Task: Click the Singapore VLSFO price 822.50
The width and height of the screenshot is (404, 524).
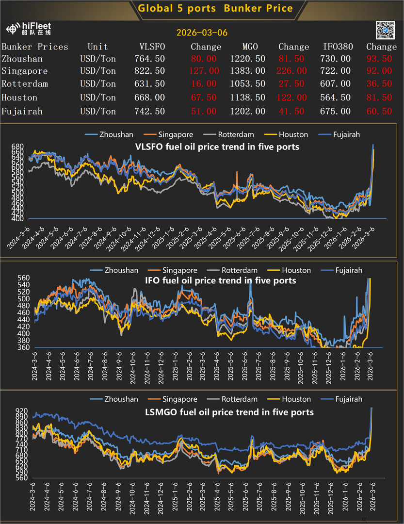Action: (x=149, y=71)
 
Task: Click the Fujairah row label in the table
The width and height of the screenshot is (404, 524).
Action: (x=22, y=111)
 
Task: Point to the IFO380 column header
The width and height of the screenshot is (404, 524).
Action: (x=338, y=47)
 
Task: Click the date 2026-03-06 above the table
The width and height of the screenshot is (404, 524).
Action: (x=202, y=33)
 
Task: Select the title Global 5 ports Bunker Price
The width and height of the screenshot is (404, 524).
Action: (x=215, y=8)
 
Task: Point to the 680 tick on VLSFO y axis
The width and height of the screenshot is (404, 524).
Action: (x=17, y=147)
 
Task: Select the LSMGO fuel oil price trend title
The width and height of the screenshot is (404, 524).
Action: (x=229, y=412)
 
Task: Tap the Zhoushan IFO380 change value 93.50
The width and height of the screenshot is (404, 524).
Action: (x=380, y=59)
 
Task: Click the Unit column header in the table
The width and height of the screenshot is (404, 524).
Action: (x=97, y=47)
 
